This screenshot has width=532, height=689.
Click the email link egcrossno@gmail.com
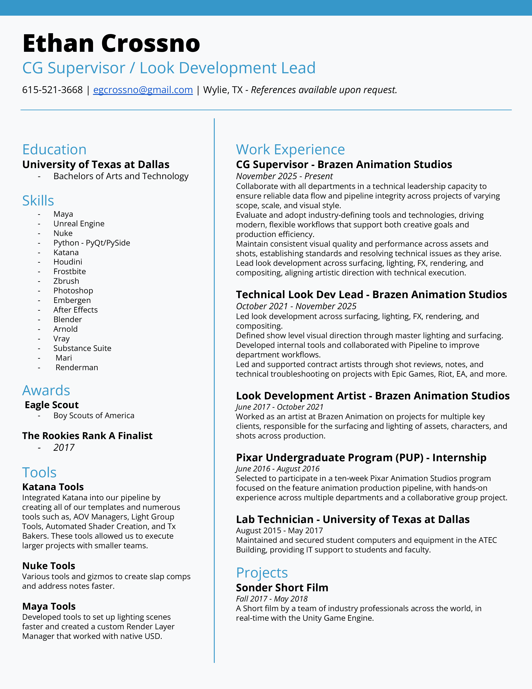tap(143, 90)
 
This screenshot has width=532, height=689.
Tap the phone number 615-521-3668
tap(52, 90)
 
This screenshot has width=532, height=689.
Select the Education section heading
tap(54, 149)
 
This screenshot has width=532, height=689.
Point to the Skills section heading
tap(38, 201)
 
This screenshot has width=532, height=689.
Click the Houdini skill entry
tap(68, 262)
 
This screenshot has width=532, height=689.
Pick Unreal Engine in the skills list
tap(79, 224)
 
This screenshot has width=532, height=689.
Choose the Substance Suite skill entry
tap(82, 348)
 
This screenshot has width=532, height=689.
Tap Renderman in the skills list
tap(77, 367)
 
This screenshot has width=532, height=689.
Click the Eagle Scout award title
tap(52, 405)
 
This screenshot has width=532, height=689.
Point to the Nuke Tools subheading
tap(49, 566)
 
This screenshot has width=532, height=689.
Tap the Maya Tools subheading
tap(49, 606)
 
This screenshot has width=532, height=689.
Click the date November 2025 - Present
tap(284, 176)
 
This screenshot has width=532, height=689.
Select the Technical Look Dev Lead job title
tap(299, 294)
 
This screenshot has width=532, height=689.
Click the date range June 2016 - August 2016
tap(277, 469)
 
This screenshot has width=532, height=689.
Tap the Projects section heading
tap(262, 572)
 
